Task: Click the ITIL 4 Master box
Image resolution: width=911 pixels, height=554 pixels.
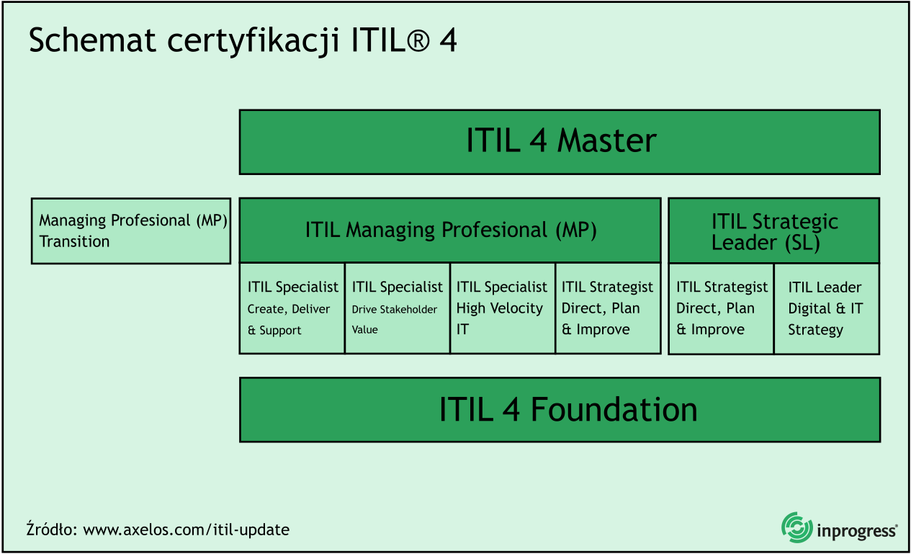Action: [x=560, y=142]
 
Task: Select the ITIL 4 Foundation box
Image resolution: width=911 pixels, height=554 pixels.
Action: [x=560, y=410]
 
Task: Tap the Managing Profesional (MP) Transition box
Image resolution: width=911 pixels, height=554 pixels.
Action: [x=131, y=231]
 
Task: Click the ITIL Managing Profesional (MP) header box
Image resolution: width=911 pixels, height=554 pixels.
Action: [x=450, y=231]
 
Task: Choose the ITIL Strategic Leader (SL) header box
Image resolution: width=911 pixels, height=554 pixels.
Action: [x=774, y=231]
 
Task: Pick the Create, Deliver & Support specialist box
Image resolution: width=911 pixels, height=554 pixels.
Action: [x=292, y=308]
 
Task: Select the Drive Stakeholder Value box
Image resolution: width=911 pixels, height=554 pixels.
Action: [x=397, y=308]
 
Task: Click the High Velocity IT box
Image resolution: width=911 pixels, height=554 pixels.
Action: [x=502, y=308]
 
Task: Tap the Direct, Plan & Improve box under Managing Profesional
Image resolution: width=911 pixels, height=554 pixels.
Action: [x=607, y=308]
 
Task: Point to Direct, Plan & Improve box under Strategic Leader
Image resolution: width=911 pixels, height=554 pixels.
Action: [x=721, y=308]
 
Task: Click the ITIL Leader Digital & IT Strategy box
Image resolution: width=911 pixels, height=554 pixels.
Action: [x=826, y=308]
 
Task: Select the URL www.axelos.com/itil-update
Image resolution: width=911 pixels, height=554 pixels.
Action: [x=186, y=530]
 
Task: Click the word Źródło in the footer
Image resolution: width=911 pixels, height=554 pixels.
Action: [x=51, y=530]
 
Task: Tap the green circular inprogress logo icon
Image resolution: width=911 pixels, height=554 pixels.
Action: [x=796, y=527]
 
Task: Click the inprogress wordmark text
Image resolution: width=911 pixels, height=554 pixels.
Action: [x=857, y=532]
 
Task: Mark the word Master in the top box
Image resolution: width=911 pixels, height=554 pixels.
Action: [x=607, y=141]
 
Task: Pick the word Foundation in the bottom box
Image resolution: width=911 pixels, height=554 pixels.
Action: [x=614, y=410]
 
